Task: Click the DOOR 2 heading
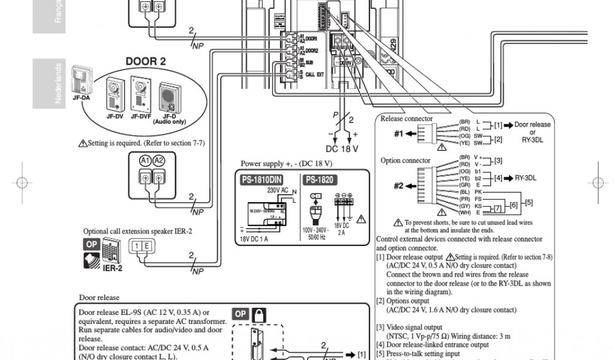(x=146, y=61)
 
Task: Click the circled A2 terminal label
(x=158, y=161)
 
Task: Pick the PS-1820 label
(x=320, y=179)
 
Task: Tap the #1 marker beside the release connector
(x=399, y=134)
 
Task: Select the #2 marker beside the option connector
(x=399, y=185)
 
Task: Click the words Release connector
(x=407, y=119)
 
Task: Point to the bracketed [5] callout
(x=528, y=203)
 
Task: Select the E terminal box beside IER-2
(x=148, y=245)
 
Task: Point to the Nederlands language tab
(x=58, y=83)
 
